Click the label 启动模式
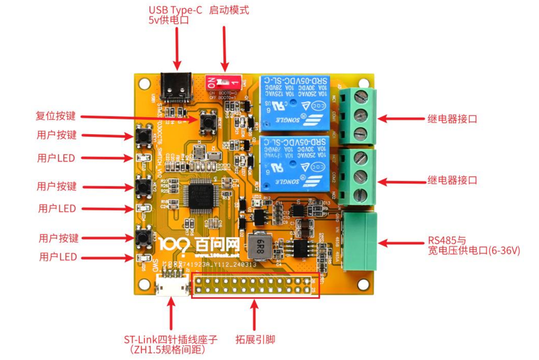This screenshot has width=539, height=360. point(229,10)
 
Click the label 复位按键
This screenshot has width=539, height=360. point(56,116)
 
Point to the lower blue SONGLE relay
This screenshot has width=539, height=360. point(295,164)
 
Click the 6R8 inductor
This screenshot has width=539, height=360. point(260,246)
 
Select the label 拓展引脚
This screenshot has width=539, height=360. point(255,339)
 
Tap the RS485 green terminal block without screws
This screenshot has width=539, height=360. point(359,241)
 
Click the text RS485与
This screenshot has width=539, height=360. point(447,240)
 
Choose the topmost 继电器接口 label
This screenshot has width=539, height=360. point(452,119)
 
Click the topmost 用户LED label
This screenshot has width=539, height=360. point(56,158)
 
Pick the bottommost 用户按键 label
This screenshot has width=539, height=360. point(59,238)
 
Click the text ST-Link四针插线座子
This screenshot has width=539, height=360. point(171,339)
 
